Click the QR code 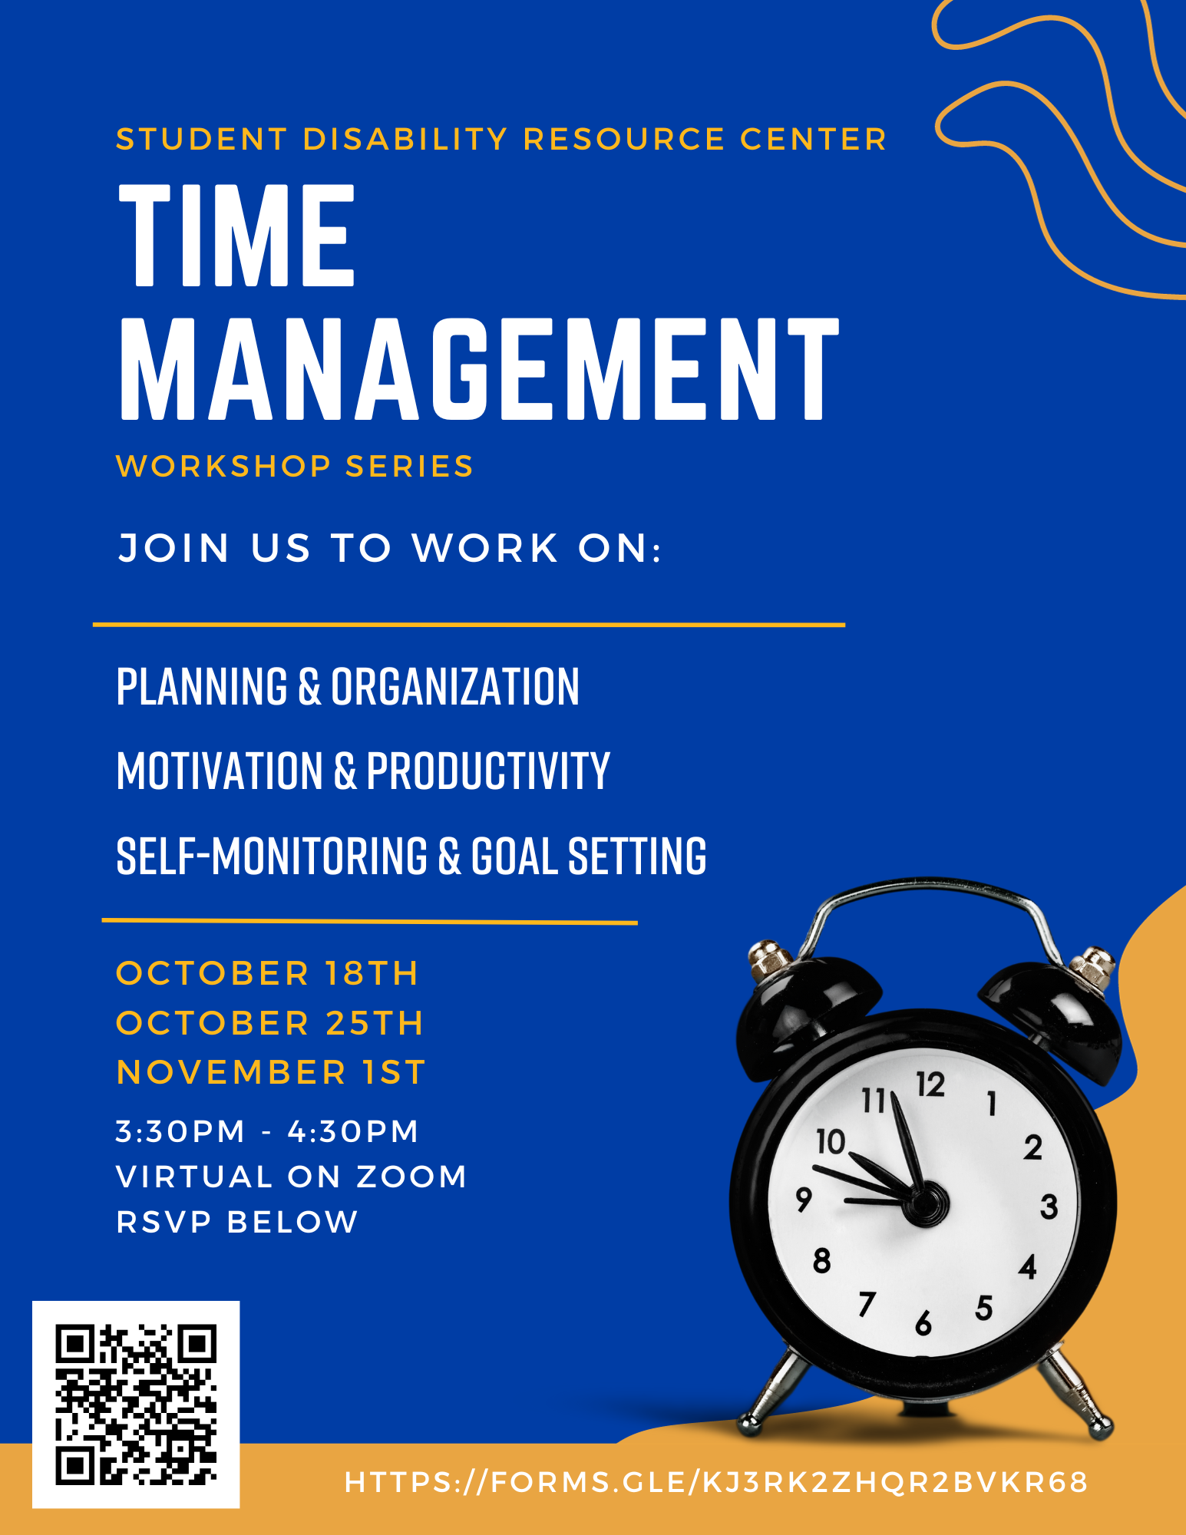(x=136, y=1404)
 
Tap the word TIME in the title (x=237, y=235)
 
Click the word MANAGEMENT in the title (x=479, y=368)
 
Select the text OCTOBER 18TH (x=267, y=973)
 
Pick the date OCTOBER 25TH (x=269, y=1023)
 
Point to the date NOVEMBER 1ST (x=270, y=1072)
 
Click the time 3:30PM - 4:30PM (x=267, y=1131)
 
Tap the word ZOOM (x=411, y=1177)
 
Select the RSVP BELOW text (x=237, y=1222)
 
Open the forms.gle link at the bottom (x=716, y=1482)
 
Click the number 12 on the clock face (x=930, y=1084)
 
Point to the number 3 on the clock (x=1049, y=1207)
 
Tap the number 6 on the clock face (x=923, y=1323)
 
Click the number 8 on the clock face (x=822, y=1261)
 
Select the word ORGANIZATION (x=455, y=686)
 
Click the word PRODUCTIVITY (x=488, y=771)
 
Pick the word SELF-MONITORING (x=272, y=856)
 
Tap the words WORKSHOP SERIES (x=295, y=467)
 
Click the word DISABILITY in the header (x=405, y=140)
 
